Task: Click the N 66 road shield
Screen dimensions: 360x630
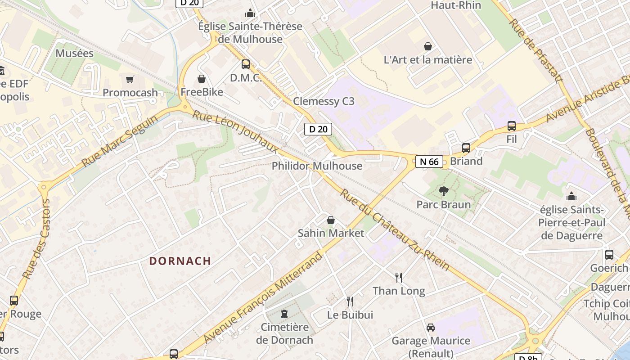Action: tap(429, 162)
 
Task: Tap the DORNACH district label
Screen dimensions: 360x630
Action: tap(180, 261)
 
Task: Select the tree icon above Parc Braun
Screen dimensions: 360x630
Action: tap(444, 191)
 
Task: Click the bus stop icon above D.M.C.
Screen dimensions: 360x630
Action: tap(245, 64)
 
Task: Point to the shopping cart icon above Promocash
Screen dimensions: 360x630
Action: tap(130, 80)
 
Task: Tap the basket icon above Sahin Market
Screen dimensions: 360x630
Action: tap(331, 220)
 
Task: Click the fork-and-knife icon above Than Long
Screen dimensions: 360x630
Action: tap(398, 277)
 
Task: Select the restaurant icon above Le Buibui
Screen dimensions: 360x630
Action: tap(350, 301)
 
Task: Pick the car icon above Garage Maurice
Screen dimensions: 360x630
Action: tap(431, 327)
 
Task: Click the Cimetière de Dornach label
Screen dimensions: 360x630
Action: tap(284, 333)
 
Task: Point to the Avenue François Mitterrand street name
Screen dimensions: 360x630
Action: tap(264, 297)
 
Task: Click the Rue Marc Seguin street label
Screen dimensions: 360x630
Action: tap(120, 140)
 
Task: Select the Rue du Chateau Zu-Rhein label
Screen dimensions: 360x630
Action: tap(394, 229)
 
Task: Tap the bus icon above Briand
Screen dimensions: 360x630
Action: tap(466, 148)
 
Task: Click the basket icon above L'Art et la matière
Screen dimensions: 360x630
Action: tap(427, 46)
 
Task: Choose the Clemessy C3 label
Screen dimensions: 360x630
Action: tap(324, 101)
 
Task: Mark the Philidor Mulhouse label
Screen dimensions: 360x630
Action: tap(317, 166)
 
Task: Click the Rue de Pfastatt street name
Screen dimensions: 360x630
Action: tap(536, 51)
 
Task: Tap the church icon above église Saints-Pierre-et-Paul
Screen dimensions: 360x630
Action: tap(571, 196)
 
